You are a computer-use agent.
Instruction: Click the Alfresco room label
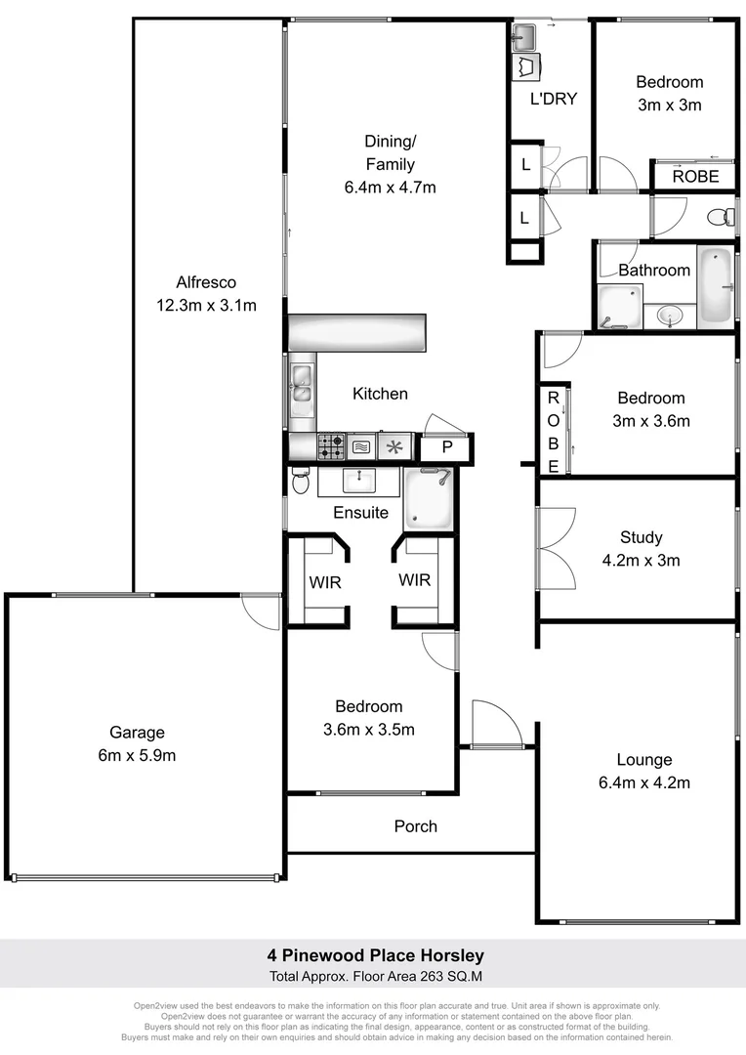[x=206, y=282]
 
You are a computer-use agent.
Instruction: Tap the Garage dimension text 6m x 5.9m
[x=137, y=755]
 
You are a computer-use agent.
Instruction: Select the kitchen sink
[x=302, y=383]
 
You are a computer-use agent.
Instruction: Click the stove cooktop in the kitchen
[x=331, y=446]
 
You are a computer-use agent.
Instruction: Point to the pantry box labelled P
[x=447, y=447]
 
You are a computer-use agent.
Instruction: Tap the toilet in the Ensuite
[x=300, y=482]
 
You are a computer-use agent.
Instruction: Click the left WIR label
[x=324, y=581]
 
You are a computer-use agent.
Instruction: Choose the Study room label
[x=641, y=537]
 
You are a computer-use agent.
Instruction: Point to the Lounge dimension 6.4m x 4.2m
[x=643, y=782]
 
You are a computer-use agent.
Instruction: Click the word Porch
[x=416, y=826]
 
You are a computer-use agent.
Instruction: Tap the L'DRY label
[x=554, y=99]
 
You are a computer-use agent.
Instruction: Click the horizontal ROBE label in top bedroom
[x=695, y=177]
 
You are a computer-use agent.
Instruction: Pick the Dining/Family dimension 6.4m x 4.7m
[x=390, y=188]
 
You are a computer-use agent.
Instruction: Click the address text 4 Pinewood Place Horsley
[x=376, y=955]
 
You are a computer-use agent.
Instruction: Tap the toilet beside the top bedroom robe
[x=721, y=216]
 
